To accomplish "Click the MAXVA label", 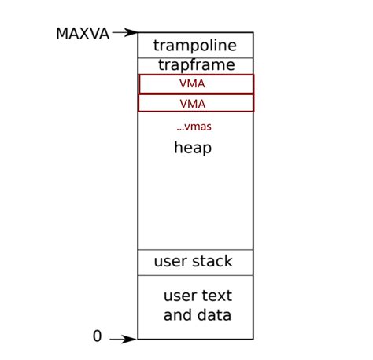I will (x=82, y=34).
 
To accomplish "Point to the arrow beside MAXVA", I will (x=125, y=33).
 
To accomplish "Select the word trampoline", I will (x=194, y=46).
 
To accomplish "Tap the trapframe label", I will (x=194, y=64).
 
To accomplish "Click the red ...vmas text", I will (x=194, y=126).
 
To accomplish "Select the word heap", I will (x=193, y=148).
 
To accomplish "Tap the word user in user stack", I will (x=170, y=262).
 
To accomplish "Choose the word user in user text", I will (x=179, y=296).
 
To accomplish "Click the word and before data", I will (x=178, y=316).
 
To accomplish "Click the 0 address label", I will (x=97, y=336).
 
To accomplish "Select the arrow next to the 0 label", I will (x=124, y=340).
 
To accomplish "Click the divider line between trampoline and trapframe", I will (x=195, y=57).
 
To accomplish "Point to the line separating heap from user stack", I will (x=195, y=250).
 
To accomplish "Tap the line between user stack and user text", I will (x=195, y=275).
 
